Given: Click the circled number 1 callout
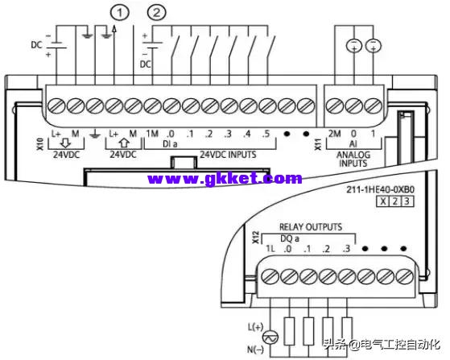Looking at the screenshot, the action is point(119,13).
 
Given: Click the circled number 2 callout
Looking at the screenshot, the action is point(156,13).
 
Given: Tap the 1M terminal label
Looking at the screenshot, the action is point(152,134).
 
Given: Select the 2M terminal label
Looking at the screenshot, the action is point(334,134).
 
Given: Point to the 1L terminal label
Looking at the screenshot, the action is point(270,249).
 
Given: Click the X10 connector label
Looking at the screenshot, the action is point(40,144).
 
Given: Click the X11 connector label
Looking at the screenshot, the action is point(318,144).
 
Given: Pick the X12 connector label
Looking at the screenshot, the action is point(256,238).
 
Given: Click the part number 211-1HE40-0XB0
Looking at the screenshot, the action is point(380,189).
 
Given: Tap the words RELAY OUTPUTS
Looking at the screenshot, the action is point(311,227).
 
